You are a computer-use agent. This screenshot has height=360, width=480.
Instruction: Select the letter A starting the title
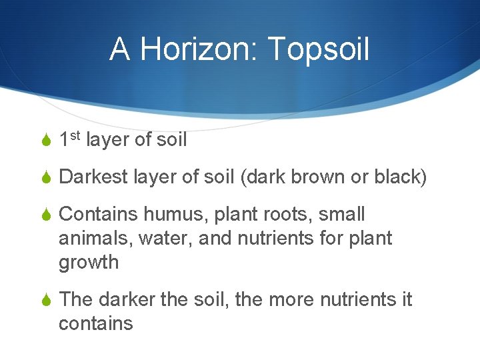[119, 49]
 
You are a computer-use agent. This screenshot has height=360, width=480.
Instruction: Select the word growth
[89, 263]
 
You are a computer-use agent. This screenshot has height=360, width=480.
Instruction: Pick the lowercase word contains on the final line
[96, 324]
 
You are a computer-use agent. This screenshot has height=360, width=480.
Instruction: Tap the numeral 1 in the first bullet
[64, 141]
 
